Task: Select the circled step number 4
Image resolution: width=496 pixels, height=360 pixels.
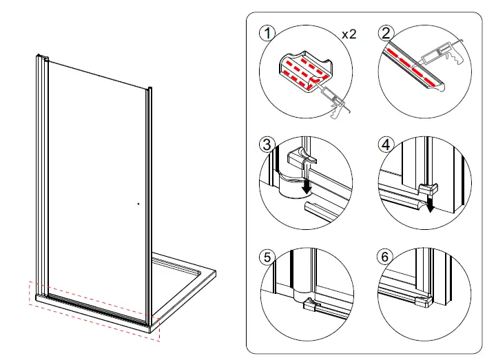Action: tap(386, 145)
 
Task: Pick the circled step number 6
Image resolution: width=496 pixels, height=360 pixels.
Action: tap(386, 257)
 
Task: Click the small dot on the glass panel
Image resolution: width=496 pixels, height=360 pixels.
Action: tap(138, 203)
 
